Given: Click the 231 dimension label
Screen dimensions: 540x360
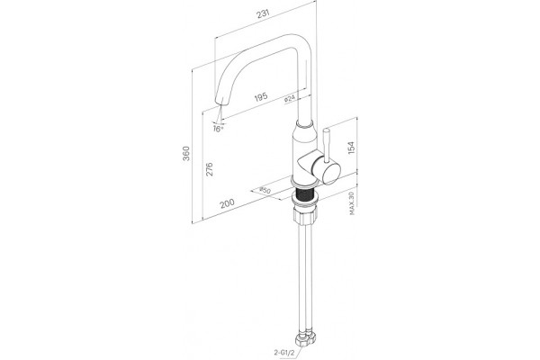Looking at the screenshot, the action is (263, 14).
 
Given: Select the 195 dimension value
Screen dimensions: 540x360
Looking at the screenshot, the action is (261, 97).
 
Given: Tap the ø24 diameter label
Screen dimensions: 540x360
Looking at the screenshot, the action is (290, 99).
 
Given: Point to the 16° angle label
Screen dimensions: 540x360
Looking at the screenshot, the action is (218, 130).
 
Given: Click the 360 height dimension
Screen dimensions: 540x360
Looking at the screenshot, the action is (186, 153).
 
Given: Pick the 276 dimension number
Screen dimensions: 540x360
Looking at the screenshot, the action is (209, 169).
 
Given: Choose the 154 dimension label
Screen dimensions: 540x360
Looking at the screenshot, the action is (351, 148).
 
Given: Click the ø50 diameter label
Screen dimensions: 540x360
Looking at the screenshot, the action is (265, 190).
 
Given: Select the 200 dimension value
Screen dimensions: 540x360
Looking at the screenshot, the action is (228, 203).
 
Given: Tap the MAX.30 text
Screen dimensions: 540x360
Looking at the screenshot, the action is (352, 203).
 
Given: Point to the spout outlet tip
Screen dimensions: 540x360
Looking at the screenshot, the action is (220, 102).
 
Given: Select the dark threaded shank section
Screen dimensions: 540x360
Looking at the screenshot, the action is (305, 195).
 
